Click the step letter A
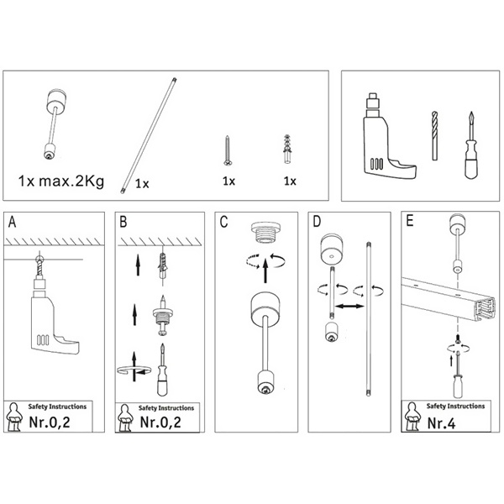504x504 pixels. pos(13,222)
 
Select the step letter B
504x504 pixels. pos(123,222)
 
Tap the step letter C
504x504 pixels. pos(223,222)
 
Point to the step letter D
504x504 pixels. pos(317,222)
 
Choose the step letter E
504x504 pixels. pos(410,221)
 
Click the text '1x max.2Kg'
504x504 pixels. pos(61,181)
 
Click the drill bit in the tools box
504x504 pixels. pos(434,135)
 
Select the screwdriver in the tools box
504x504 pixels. pos(471,145)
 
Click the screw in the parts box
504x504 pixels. pos(228,150)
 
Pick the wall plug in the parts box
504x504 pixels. pos(288,150)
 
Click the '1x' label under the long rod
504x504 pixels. pos(142,183)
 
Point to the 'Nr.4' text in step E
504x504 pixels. pos(441,423)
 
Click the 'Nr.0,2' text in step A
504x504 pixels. pos(50,422)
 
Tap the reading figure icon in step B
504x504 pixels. pos(125,418)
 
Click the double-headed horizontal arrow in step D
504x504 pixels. pos(349,307)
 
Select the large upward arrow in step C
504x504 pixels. pos(265,271)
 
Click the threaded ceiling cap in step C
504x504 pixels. pos(265,232)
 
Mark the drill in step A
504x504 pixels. pos(51,310)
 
